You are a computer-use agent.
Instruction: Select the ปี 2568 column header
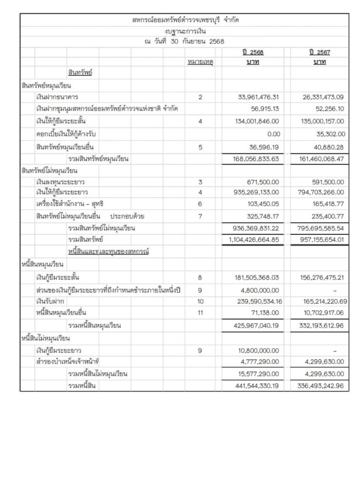pyautogui.click(x=252, y=52)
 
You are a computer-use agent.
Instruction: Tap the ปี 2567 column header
pyautogui.click(x=319, y=52)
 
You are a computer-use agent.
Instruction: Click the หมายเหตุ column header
pyautogui.click(x=200, y=63)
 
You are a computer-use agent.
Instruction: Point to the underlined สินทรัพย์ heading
pyautogui.click(x=80, y=73)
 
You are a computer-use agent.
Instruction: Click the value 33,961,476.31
pyautogui.click(x=258, y=97)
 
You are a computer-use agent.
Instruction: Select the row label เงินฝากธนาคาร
pyautogui.click(x=57, y=97)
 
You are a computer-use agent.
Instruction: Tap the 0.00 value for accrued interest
pyautogui.click(x=273, y=134)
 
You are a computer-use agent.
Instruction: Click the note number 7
pyautogui.click(x=200, y=216)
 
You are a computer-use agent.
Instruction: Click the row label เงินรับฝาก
pyautogui.click(x=50, y=301)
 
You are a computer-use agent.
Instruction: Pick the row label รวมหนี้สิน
pyautogui.click(x=82, y=386)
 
